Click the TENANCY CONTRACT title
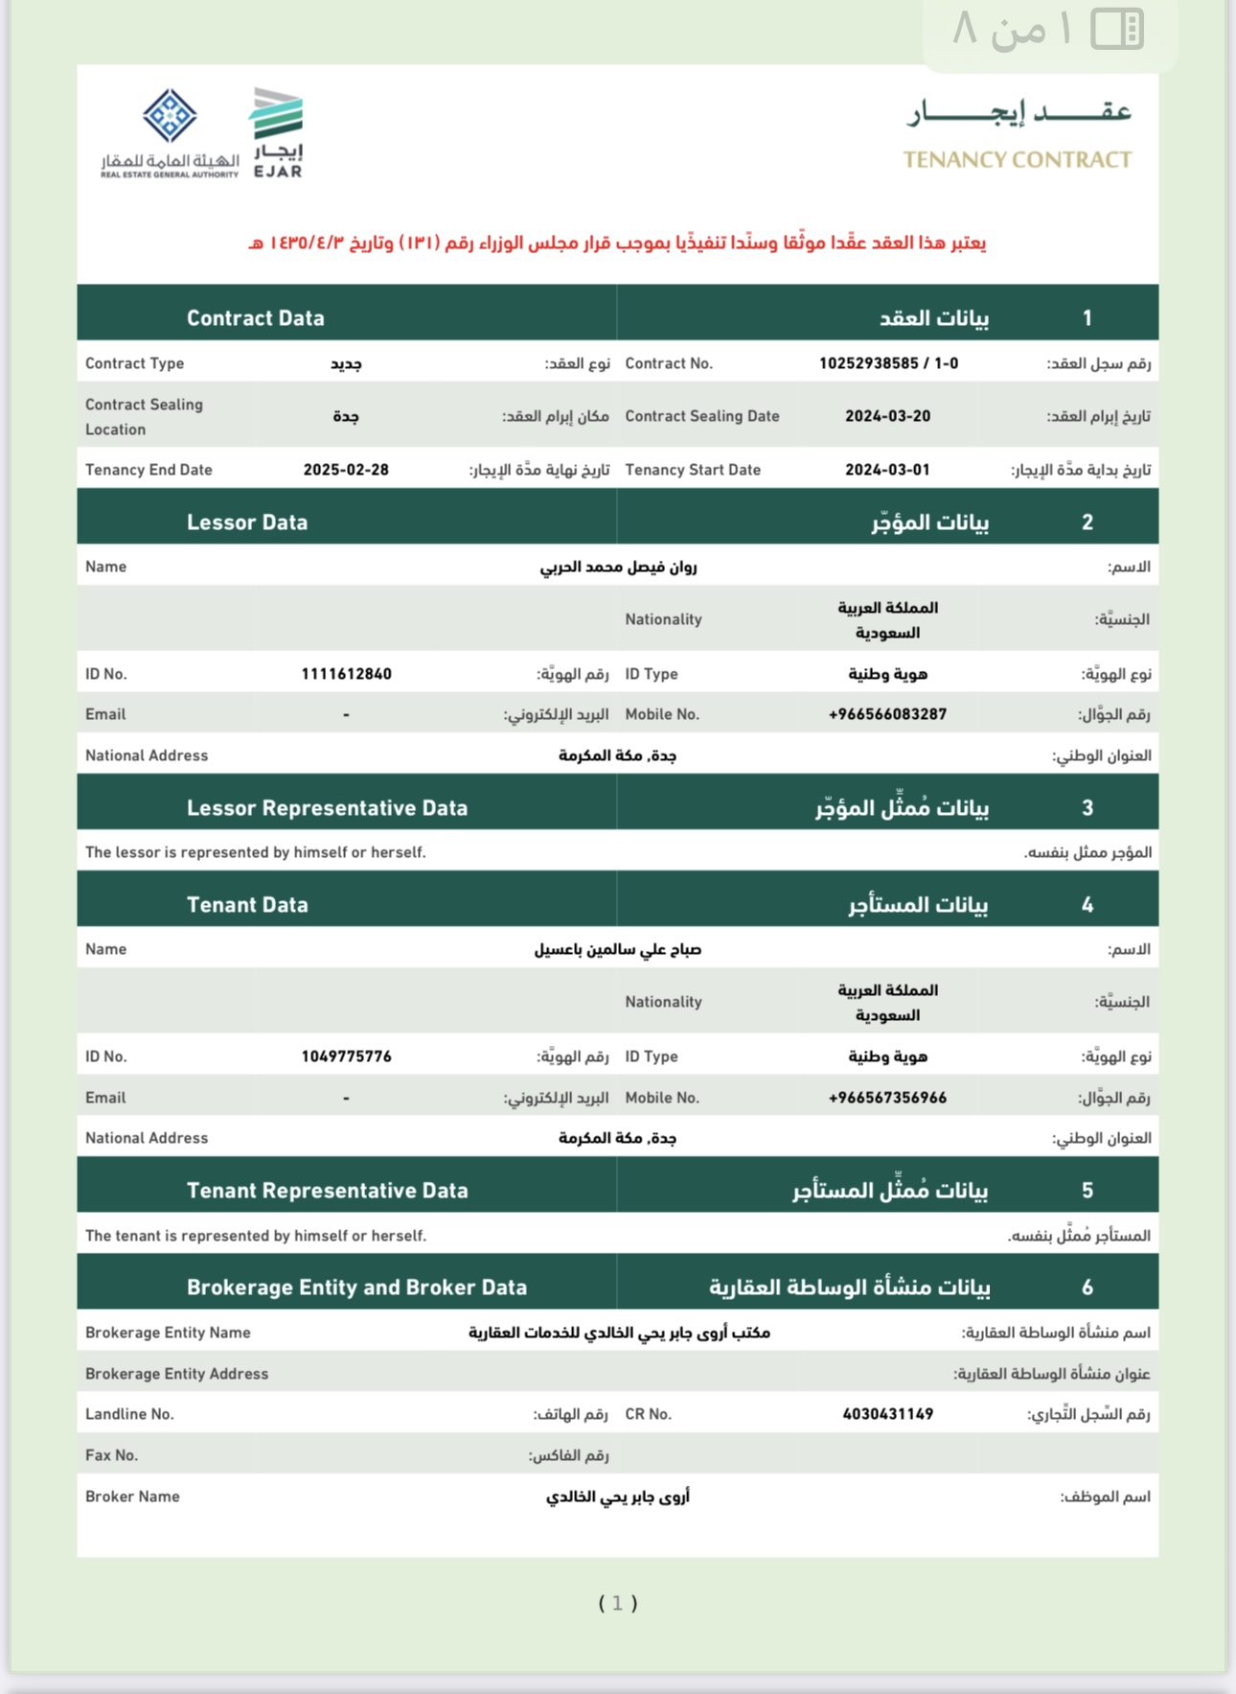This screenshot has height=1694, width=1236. [1017, 160]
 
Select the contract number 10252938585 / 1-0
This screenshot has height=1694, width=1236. [888, 363]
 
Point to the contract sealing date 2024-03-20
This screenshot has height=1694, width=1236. [887, 416]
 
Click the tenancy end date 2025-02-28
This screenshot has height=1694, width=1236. [346, 470]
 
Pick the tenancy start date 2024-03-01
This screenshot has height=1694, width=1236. [887, 470]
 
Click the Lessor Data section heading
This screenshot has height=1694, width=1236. [247, 522]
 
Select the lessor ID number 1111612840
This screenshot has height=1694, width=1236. [346, 674]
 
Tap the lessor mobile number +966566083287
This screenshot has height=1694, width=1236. [887, 714]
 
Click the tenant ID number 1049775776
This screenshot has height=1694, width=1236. [346, 1056]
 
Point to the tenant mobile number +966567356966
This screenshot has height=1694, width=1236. [887, 1098]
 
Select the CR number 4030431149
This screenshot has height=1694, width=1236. [887, 1414]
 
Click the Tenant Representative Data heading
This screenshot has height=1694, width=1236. [327, 1191]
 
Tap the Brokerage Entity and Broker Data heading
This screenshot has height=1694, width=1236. [356, 1288]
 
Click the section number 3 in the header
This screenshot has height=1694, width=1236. [1087, 808]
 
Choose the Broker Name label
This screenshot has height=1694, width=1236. [132, 1497]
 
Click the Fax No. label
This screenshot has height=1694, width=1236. [111, 1455]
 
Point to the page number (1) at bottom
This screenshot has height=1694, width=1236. [618, 1603]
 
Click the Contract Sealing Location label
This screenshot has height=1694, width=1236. [144, 417]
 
